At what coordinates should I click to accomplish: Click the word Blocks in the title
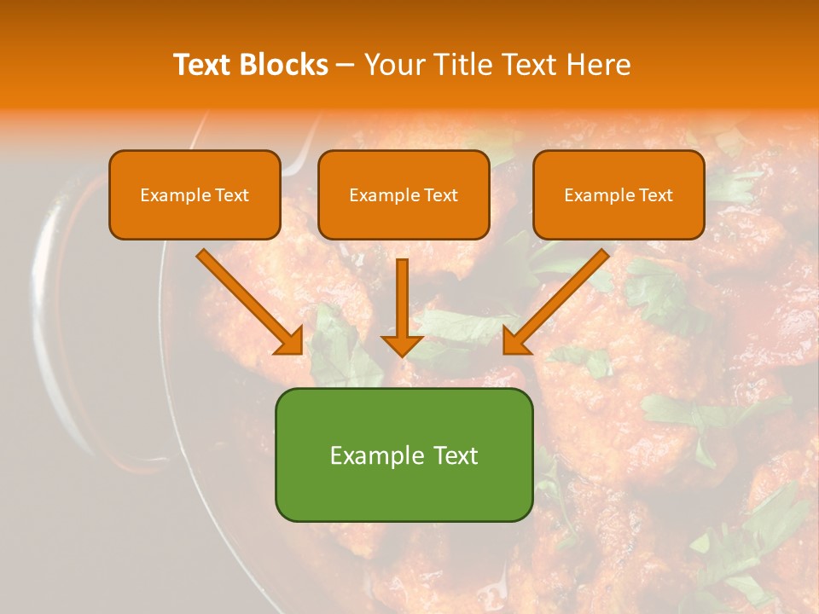click(x=284, y=65)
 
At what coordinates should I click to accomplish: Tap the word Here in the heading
click(x=600, y=65)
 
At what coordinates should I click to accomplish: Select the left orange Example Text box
click(x=195, y=194)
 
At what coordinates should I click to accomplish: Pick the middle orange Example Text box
click(x=404, y=194)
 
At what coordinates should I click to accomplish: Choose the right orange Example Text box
click(x=619, y=194)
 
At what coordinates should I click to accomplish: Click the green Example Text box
click(x=404, y=455)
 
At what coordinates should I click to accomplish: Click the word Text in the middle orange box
click(x=439, y=195)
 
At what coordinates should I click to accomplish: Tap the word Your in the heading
click(x=392, y=65)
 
